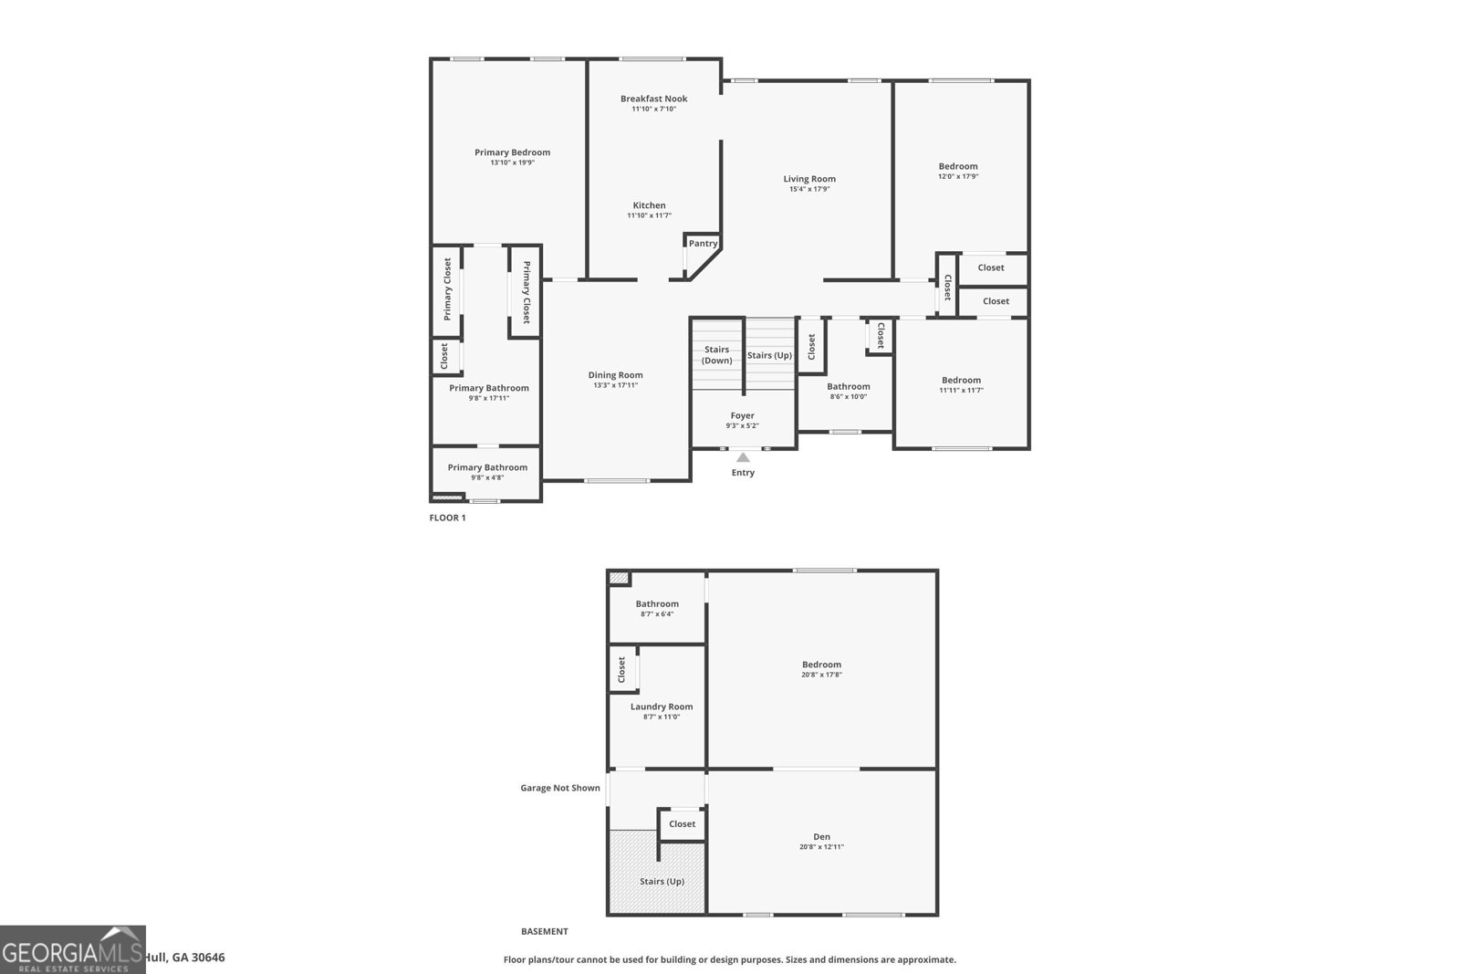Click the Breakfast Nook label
coord(653,99)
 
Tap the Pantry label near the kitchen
coord(703,244)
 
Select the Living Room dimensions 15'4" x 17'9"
coord(808,190)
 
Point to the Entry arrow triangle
coord(743,457)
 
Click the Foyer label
coord(742,415)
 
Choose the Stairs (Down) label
coord(716,355)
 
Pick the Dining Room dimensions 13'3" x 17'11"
coord(615,385)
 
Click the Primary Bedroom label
coord(512,152)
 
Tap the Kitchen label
coord(649,205)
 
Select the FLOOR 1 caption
coord(447,518)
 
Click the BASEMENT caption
coord(544,932)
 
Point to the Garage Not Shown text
coord(560,788)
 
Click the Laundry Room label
coord(661,707)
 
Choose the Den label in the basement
coord(821,836)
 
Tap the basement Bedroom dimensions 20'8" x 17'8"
coord(821,676)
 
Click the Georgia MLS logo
coord(72,949)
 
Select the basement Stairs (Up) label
coord(662,881)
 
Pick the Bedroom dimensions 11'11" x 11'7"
coord(961,391)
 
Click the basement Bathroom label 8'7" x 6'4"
coord(657,603)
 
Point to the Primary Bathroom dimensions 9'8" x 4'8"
coord(487,477)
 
